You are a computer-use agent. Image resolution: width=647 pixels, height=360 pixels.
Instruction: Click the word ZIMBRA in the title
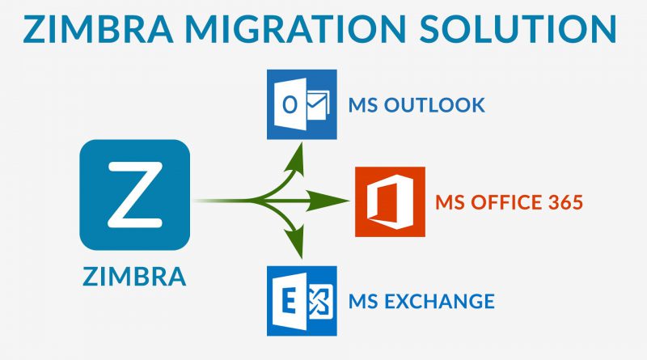click(x=98, y=29)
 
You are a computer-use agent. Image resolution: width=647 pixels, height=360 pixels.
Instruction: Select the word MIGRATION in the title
click(x=296, y=29)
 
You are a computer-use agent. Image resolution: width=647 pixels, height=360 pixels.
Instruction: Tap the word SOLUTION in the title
click(x=518, y=29)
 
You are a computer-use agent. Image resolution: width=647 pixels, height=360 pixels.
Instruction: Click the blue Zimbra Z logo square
click(x=134, y=195)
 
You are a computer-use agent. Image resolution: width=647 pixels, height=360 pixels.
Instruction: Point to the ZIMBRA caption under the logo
click(x=134, y=277)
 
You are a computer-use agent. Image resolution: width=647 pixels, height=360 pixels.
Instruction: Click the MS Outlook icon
click(x=302, y=104)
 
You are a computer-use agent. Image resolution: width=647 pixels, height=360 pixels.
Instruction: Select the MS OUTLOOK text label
click(x=417, y=105)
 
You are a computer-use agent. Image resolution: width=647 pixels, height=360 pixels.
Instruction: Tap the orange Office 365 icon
click(x=390, y=202)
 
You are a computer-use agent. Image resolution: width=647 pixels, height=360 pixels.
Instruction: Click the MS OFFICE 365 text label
click(x=510, y=202)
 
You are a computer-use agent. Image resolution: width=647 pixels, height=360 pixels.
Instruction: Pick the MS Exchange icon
click(x=302, y=301)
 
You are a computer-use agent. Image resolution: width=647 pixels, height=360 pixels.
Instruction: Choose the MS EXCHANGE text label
click(x=421, y=302)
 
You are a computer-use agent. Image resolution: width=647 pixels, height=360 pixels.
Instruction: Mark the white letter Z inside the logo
click(x=135, y=195)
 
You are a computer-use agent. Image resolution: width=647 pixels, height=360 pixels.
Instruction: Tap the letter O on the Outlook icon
click(x=290, y=105)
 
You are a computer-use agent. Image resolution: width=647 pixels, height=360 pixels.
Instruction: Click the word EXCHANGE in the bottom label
click(x=439, y=302)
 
